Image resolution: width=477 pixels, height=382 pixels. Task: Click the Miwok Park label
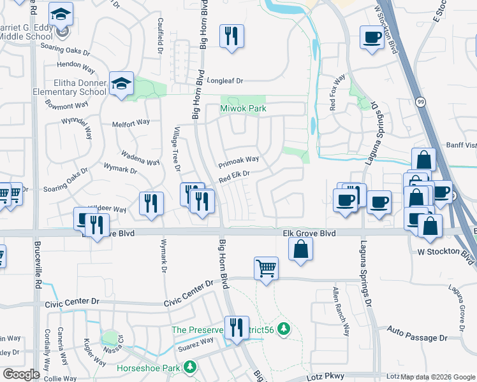pos(243,110)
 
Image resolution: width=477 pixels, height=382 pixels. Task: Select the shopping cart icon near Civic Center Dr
pos(266,267)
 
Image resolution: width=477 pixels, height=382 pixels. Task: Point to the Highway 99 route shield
pos(420,101)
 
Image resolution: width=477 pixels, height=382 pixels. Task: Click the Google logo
pos(21,374)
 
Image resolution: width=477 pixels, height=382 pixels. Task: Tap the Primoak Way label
pos(238,160)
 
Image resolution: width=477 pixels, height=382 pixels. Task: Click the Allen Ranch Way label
pos(341,311)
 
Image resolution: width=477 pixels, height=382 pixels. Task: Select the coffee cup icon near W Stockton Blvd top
pos(372,36)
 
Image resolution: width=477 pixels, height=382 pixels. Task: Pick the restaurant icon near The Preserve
pos(237,327)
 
